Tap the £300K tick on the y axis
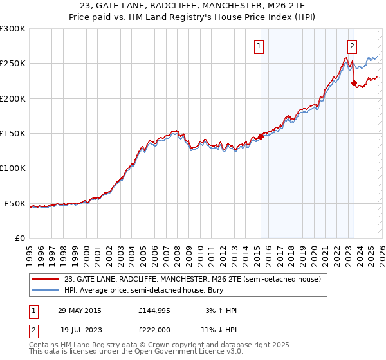click(13, 29)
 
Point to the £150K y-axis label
click(13, 134)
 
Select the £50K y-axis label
click(15, 203)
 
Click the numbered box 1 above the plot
click(259, 46)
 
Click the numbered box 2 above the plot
click(353, 46)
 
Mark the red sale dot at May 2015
click(261, 136)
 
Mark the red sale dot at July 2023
click(354, 83)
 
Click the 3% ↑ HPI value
click(219, 310)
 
